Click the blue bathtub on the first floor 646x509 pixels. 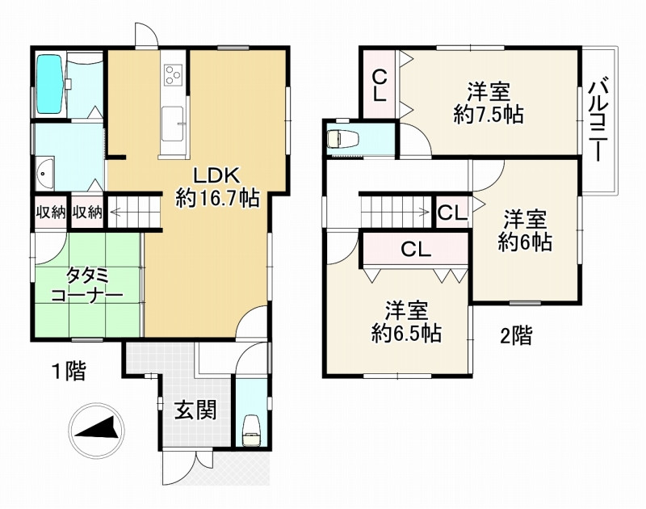(x=49, y=84)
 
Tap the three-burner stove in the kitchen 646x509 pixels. (x=173, y=74)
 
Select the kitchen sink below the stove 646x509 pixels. (x=172, y=124)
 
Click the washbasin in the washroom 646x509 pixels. (x=44, y=173)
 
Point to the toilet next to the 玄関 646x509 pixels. (x=250, y=431)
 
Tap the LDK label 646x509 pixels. (x=216, y=176)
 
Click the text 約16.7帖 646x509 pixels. (x=217, y=199)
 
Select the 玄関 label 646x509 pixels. (x=195, y=410)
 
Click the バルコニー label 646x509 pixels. (x=598, y=120)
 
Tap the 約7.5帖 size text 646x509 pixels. (x=489, y=115)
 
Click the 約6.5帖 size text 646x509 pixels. (x=407, y=334)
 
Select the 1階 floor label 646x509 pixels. (x=69, y=371)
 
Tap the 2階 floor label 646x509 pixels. (x=516, y=335)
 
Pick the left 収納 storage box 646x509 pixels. (x=50, y=212)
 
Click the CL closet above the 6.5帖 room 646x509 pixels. (x=416, y=249)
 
